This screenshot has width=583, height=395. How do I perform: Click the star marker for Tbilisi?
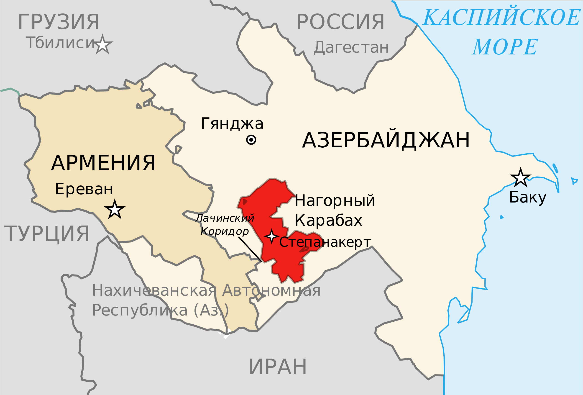click(103, 45)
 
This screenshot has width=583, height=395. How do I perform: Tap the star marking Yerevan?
click(115, 210)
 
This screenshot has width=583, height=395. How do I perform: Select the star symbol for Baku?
click(521, 178)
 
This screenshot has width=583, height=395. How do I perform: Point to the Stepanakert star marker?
click(271, 236)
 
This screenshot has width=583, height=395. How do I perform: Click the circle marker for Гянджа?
click(251, 140)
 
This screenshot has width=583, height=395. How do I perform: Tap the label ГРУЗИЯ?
click(59, 22)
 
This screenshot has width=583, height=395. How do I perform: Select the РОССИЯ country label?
click(340, 22)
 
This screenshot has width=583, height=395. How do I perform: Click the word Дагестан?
click(351, 47)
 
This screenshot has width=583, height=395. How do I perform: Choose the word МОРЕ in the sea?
click(505, 47)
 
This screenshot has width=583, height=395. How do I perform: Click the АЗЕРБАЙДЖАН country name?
click(386, 140)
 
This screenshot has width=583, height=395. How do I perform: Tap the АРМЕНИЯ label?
click(103, 163)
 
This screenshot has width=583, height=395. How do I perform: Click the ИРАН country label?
click(278, 367)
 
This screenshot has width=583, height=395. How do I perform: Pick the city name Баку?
click(528, 197)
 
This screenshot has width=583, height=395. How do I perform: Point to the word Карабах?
click(328, 220)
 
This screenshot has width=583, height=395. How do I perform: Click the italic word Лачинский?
click(225, 218)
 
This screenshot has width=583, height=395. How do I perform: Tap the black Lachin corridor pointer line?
click(250, 249)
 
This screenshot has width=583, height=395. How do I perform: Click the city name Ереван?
click(84, 189)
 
